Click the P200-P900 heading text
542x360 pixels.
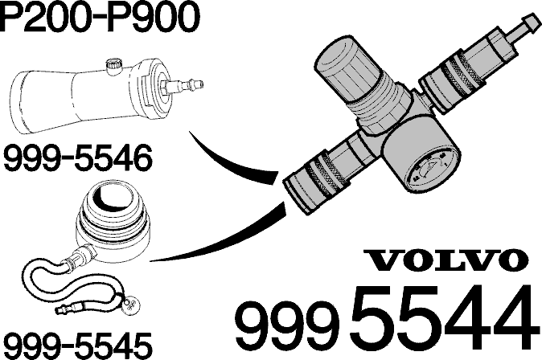[x=100, y=16]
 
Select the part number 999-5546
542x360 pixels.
[x=78, y=158]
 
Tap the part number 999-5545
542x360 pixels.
[x=78, y=346]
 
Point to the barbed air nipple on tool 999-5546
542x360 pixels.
[x=185, y=84]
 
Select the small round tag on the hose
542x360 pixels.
[x=131, y=304]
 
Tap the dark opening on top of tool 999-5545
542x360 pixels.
[x=114, y=194]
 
